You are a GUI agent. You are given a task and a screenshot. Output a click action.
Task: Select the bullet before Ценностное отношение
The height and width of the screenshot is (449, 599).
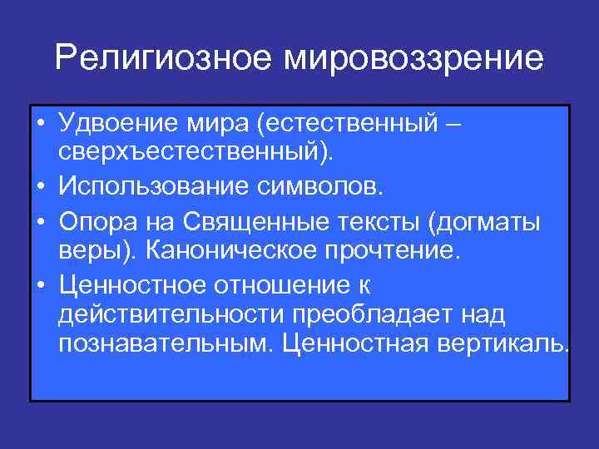40,285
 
